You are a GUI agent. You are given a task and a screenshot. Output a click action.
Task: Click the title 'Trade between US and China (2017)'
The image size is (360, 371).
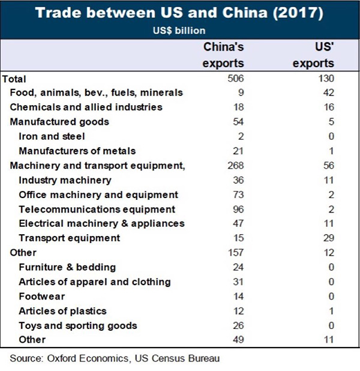pos(180,13)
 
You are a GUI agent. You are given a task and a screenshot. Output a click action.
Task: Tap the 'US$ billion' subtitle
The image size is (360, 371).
pos(180,30)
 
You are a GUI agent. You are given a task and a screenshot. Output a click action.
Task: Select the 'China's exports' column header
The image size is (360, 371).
pos(223,55)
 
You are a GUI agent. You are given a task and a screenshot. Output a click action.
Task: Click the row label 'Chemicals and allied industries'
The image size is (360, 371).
pos(86,107)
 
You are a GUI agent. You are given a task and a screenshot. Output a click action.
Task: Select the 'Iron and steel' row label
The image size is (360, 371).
pos(52,136)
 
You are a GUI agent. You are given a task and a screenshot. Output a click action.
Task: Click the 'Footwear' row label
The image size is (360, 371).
pos(42,297)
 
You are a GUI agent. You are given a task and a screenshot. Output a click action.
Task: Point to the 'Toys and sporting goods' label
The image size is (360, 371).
pos(78,325)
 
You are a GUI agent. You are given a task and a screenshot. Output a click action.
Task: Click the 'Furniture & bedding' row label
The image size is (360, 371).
pos(67,267)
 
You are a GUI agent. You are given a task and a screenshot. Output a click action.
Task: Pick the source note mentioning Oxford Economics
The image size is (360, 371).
pos(115,358)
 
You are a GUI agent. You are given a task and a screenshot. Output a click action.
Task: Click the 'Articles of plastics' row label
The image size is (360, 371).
pos(62,311)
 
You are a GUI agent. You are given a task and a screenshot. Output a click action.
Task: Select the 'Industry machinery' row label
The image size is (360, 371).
pos(65,180)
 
